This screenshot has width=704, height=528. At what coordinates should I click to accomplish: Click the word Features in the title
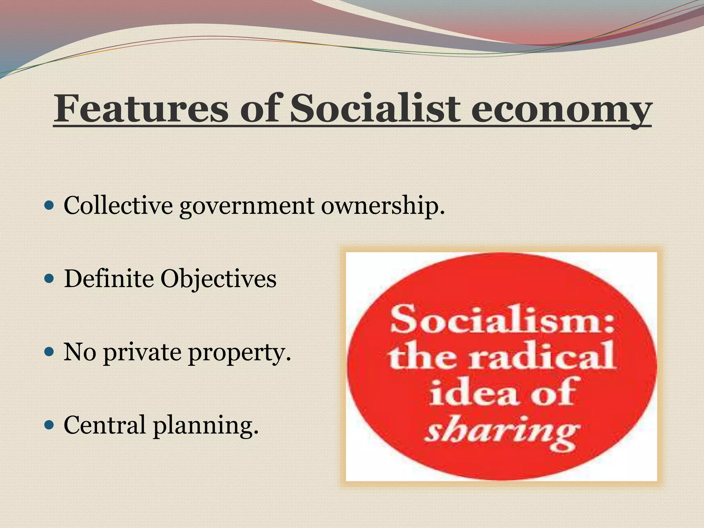(x=141, y=109)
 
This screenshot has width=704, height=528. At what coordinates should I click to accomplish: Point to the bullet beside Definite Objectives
(x=49, y=279)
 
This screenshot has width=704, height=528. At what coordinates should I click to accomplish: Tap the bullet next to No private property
(x=49, y=352)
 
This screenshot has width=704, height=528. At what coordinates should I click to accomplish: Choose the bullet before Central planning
(x=49, y=425)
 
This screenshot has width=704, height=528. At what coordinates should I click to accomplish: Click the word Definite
(x=109, y=278)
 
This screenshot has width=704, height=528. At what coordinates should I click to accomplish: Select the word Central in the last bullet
(x=104, y=425)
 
